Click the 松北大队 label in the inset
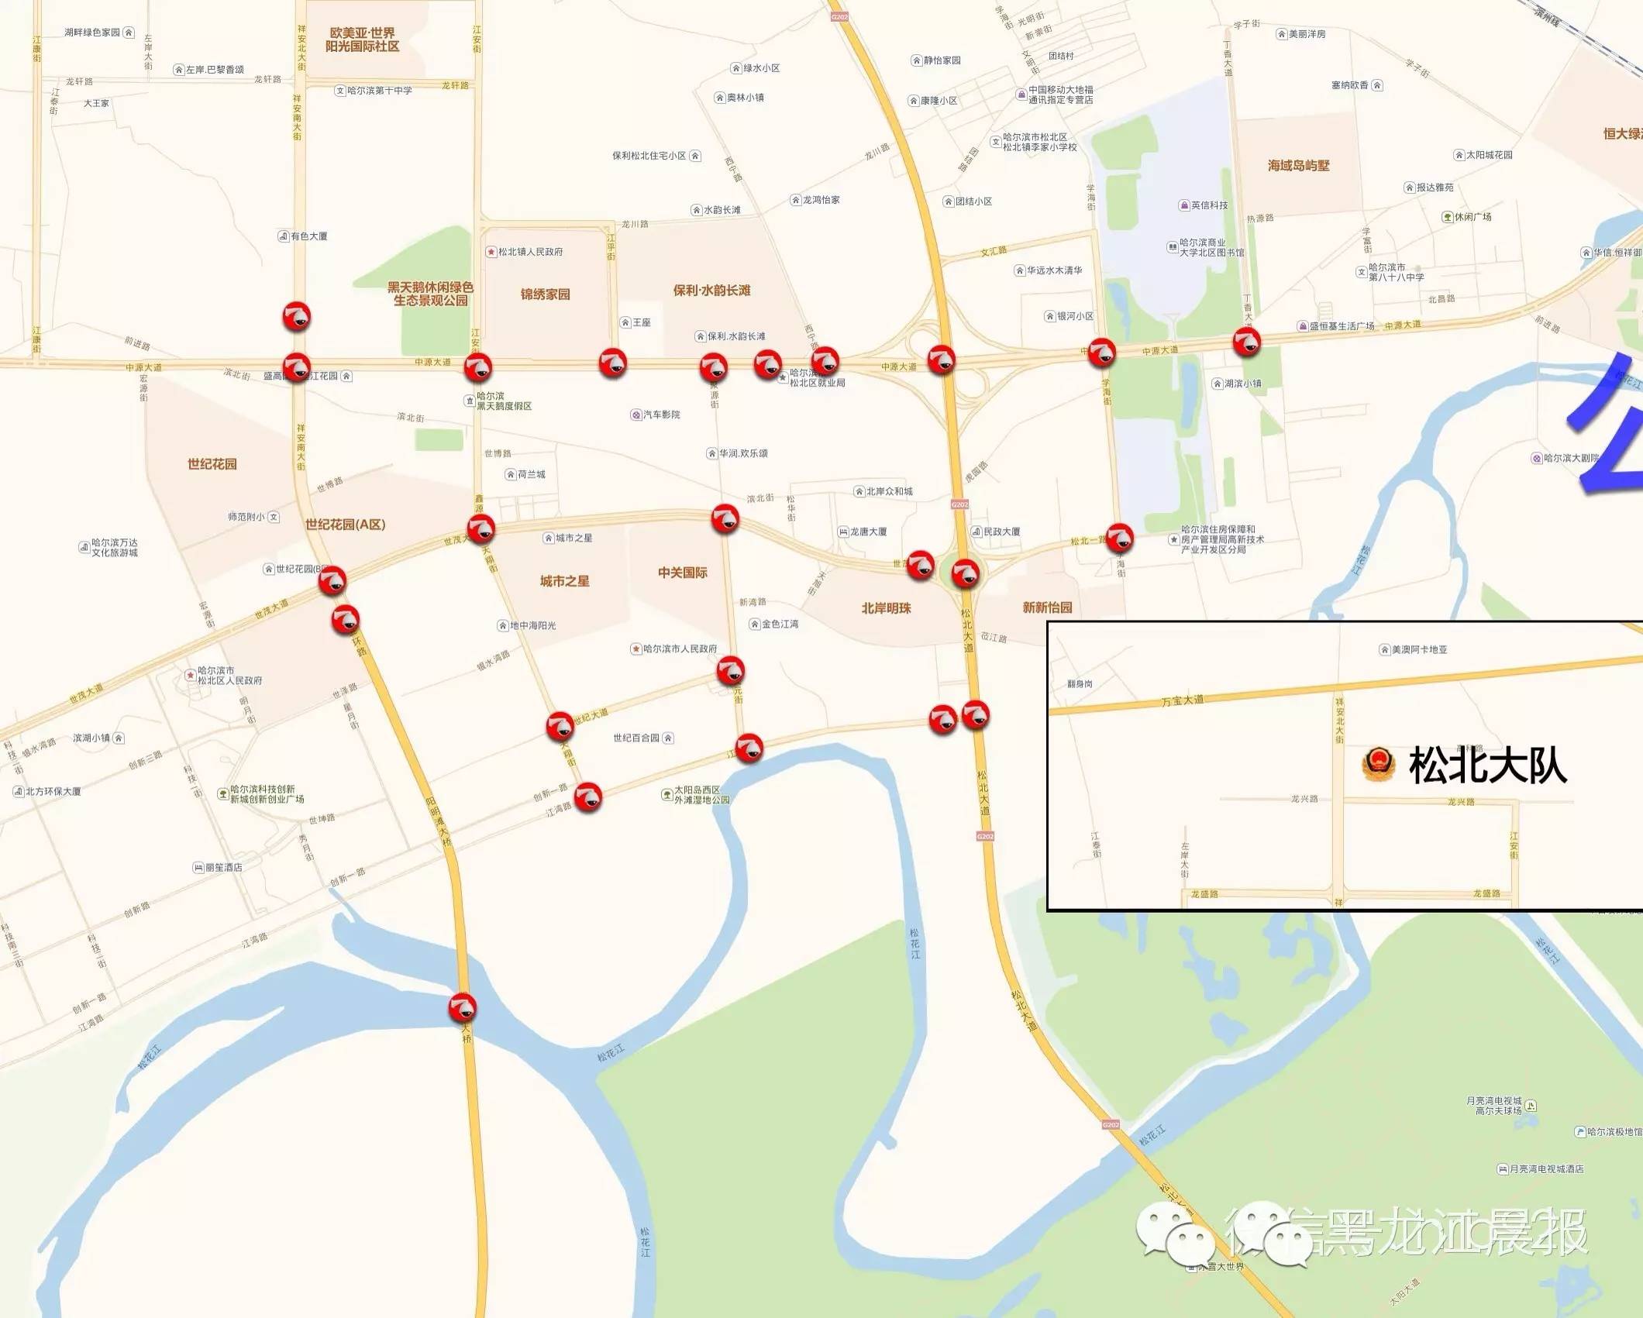(1487, 766)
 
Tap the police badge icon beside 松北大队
(1378, 765)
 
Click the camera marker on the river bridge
(463, 1007)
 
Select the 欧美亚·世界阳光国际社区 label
(362, 40)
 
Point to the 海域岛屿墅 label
(1298, 166)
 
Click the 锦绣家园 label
(545, 294)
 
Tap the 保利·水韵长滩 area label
(711, 291)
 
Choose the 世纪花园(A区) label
(345, 525)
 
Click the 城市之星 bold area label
(564, 581)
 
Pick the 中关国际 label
(682, 573)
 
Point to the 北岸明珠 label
(886, 608)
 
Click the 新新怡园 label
(1047, 607)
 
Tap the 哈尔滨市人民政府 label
(680, 649)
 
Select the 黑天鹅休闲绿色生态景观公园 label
(430, 294)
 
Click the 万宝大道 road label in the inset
(1182, 700)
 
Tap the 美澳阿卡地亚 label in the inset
(1418, 649)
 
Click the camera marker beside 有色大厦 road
(296, 316)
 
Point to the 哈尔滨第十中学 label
(379, 91)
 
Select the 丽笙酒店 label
(223, 867)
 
